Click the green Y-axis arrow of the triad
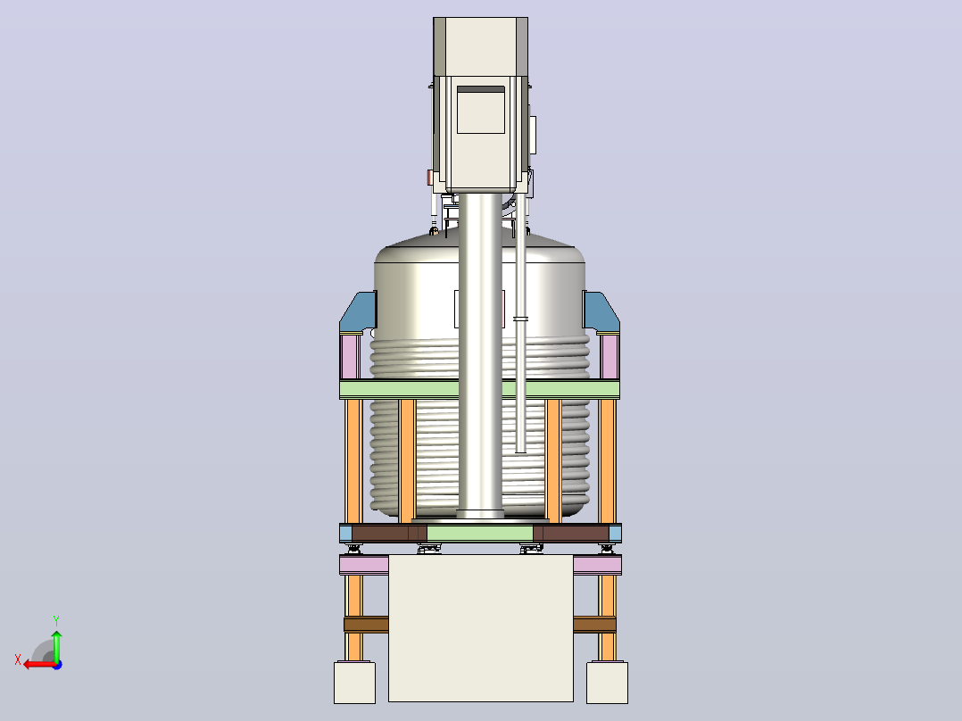click(56, 645)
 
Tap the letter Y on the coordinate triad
click(56, 620)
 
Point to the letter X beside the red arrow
click(18, 659)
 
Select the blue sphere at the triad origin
click(57, 665)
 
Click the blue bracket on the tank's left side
click(358, 312)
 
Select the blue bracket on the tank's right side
click(601, 312)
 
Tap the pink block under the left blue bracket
click(350, 357)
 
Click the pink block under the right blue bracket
click(610, 357)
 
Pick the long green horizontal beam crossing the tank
click(479, 389)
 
